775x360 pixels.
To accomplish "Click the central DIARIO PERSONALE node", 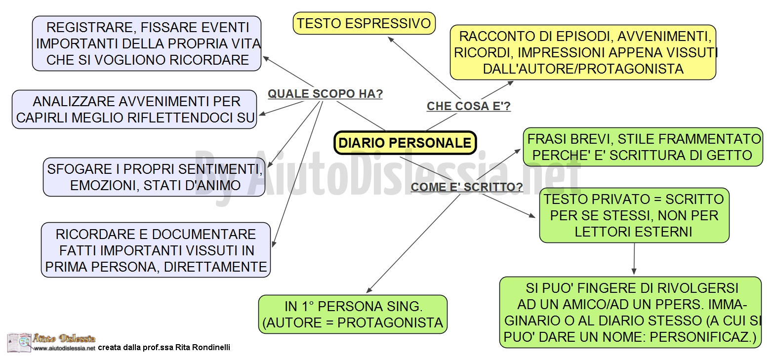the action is [405, 143].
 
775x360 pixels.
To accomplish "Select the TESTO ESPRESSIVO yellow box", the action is [364, 24].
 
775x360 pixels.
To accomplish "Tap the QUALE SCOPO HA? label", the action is [325, 94].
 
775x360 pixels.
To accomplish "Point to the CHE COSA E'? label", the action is [468, 106].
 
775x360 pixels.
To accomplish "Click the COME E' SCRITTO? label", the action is [467, 187].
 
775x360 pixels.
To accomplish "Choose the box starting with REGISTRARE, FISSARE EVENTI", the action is [147, 43].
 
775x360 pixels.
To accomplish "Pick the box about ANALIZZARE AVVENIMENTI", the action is [134, 110].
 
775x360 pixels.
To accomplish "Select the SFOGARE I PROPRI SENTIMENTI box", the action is [154, 177].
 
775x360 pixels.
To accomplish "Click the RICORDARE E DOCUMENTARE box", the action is [156, 250].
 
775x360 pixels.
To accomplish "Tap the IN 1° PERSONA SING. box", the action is [353, 315].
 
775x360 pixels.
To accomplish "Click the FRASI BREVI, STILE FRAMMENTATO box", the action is [643, 147].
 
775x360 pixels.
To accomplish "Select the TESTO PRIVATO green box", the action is [634, 215].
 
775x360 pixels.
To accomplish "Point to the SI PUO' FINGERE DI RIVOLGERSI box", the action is [630, 312].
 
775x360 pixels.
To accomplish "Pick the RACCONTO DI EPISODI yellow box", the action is [583, 52].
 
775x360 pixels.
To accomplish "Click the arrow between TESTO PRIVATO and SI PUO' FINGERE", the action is [634, 259].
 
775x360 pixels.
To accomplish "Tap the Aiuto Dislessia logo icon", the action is [19, 343].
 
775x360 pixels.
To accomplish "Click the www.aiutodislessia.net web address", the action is [64, 348].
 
